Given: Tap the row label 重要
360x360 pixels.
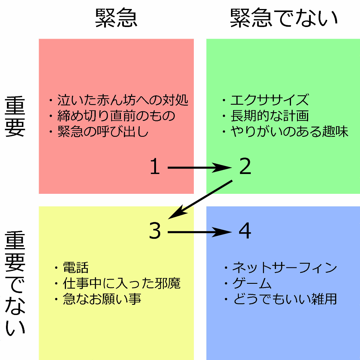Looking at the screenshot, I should pyautogui.click(x=15, y=117).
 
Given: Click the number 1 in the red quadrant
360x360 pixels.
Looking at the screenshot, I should pyautogui.click(x=155, y=167).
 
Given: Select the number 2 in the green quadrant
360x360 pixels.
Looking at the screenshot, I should pyautogui.click(x=245, y=167).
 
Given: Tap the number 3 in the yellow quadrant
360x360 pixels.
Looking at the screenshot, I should pyautogui.click(x=155, y=231).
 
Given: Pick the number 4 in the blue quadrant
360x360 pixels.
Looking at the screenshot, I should pyautogui.click(x=245, y=231).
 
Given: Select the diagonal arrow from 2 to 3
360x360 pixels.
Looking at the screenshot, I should pyautogui.click(x=200, y=199).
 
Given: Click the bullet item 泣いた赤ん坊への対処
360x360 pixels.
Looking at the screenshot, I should pyautogui.click(x=122, y=100).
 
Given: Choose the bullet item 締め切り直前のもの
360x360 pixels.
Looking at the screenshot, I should pyautogui.click(x=116, y=116).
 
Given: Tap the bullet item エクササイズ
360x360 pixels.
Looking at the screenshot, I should pyautogui.click(x=269, y=100).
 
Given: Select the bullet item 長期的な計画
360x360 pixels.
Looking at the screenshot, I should pyautogui.click(x=269, y=116).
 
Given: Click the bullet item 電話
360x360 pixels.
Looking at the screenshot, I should pyautogui.click(x=75, y=268).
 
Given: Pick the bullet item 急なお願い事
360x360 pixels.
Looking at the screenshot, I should pyautogui.click(x=102, y=299).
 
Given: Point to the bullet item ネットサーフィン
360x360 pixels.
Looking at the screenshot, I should pyautogui.click(x=284, y=268).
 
